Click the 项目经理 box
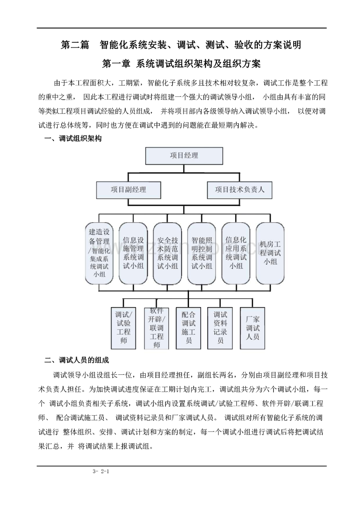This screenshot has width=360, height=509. point(184,156)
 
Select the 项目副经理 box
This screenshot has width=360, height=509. point(129,190)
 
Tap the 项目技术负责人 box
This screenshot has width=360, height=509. point(239,190)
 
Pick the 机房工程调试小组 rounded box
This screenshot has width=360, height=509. point(270,254)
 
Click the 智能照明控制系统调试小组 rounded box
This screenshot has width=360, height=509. point(202,254)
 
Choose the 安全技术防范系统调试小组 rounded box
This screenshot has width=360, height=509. point(167,254)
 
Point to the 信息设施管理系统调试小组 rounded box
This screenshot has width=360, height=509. point(133,254)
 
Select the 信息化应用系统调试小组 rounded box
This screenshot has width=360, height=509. point(236,254)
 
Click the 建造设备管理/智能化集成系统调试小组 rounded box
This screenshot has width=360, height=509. point(99,254)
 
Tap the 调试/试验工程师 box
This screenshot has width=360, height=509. point(123,328)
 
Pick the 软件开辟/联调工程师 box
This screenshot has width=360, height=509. point(157,328)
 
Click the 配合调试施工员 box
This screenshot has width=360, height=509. point(188,328)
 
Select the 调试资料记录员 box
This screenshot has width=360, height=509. point(220,328)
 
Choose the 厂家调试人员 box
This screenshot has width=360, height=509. point(252,328)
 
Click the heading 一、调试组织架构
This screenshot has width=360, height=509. point(73,138)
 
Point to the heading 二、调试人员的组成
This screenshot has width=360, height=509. point(77,360)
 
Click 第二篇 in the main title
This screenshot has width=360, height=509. point(75,45)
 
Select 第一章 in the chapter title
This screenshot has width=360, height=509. point(116,64)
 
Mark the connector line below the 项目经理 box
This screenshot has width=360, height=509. point(184,169)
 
